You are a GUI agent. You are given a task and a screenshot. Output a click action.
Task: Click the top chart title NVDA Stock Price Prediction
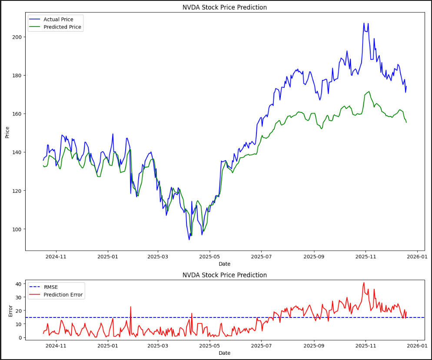224,7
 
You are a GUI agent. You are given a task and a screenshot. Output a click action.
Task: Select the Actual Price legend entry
58,20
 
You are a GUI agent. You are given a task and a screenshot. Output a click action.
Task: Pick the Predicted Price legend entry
62,27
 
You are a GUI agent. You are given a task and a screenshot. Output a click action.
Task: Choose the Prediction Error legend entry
63,295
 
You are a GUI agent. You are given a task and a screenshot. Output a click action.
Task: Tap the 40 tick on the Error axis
18,284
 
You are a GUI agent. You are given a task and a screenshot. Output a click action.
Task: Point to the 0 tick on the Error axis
20,337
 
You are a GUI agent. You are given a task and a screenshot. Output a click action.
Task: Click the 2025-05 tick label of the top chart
209,257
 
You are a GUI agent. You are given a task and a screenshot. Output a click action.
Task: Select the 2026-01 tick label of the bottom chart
417,346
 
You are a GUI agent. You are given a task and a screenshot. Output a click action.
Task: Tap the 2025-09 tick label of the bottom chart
314,346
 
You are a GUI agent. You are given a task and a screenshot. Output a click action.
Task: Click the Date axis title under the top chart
224,264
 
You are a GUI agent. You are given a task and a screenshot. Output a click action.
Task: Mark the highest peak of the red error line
364,283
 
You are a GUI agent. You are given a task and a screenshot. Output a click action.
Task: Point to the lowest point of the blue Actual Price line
189,239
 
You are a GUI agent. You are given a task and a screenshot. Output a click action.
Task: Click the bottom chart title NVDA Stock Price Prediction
224,275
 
